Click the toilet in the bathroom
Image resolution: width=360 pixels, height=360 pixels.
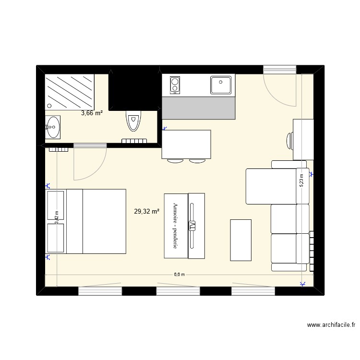tap(133, 120)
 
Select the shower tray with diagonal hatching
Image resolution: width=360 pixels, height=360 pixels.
tap(71, 92)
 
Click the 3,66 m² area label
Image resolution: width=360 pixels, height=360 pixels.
tap(92, 113)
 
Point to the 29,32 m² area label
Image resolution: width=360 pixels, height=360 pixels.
tap(147, 211)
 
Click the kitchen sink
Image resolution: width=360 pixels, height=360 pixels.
tap(222, 85)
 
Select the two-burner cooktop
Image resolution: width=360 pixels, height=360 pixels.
tap(175, 85)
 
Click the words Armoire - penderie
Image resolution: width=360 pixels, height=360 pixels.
tap(176, 226)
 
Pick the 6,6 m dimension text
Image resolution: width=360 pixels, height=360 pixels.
tap(179, 275)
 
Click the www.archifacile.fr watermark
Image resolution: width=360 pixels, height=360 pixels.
tap(331, 325)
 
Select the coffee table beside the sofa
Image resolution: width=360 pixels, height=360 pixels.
tap(240, 240)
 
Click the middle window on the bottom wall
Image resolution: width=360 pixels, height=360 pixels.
tap(178, 290)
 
